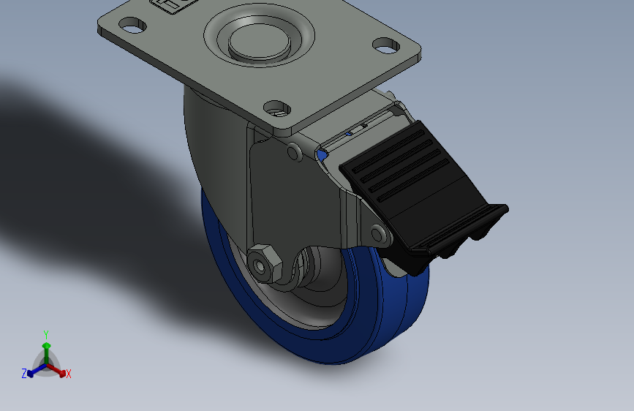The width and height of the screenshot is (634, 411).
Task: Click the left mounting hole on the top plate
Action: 132,26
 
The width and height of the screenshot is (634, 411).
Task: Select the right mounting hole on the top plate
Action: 386,45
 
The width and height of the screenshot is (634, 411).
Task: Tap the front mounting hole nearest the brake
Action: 277,109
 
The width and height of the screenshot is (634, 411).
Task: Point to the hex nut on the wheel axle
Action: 265,264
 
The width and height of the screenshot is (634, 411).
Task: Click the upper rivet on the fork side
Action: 295,152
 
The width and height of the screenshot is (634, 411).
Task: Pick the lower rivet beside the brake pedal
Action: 379,234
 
